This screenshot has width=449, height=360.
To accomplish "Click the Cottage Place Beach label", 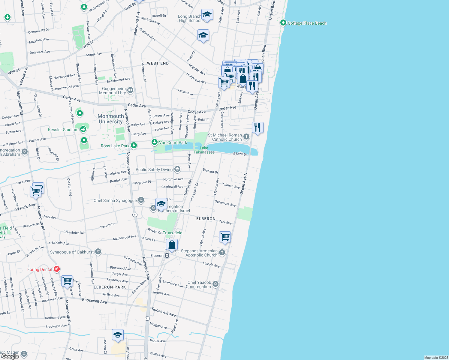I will (x=307, y=23).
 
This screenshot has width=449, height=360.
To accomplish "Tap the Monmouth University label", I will (x=110, y=119).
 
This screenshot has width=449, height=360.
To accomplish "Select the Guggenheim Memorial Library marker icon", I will (x=130, y=90).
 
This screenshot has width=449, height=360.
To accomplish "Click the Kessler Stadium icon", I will (x=83, y=129).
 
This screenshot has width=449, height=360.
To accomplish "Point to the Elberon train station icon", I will (x=167, y=256).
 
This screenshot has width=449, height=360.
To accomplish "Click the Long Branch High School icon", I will (x=207, y=15).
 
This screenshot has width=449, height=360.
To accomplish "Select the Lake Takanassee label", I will (x=204, y=150).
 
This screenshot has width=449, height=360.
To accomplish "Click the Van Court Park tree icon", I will (x=154, y=142).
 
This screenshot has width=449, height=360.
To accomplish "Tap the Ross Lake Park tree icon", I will (x=134, y=145).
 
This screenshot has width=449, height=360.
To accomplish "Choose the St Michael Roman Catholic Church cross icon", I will (x=246, y=137).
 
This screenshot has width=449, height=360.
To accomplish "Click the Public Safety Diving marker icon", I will (x=177, y=169).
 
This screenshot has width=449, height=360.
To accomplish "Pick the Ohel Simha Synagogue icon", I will (x=141, y=200).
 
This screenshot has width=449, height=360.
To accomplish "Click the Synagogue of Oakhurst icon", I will (x=98, y=252).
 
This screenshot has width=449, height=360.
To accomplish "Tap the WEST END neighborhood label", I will (x=158, y=63).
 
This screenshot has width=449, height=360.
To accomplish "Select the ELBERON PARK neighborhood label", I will (x=110, y=287).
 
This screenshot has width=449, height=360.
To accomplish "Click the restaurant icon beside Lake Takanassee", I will (x=258, y=127).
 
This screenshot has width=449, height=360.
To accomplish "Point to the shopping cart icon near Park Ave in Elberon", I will (x=225, y=237).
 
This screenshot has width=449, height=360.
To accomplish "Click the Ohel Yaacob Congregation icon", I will (x=215, y=284).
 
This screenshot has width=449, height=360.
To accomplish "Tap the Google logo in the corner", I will (x=10, y=356).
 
